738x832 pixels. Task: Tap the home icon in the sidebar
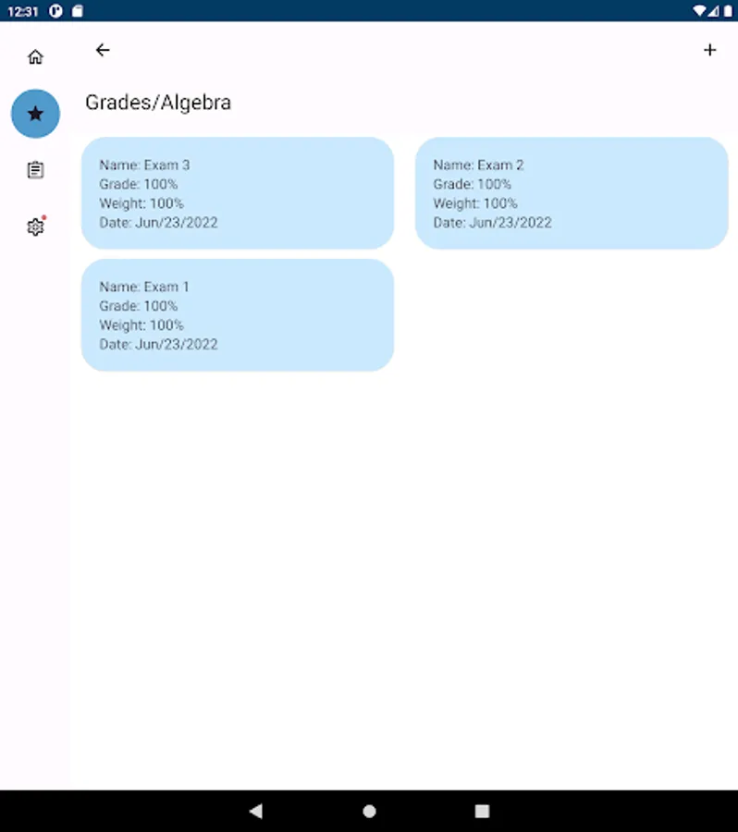coord(35,56)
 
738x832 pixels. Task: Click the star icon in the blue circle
coord(35,114)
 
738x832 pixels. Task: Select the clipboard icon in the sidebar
coord(35,170)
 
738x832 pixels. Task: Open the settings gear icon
coord(35,226)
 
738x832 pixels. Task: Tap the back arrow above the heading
coord(103,50)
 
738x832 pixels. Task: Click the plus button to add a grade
coord(710,50)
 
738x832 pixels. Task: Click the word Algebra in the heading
coord(195,103)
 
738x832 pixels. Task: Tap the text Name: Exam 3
coord(144,165)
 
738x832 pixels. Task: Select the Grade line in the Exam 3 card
coord(139,184)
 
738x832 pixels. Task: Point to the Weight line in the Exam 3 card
coord(141,203)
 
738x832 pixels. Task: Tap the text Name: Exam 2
coord(478,165)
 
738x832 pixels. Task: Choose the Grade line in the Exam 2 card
coord(473,184)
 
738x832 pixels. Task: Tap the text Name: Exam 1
coord(144,288)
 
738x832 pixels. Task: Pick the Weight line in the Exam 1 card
coord(141,325)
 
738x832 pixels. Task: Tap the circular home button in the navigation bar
coord(370,811)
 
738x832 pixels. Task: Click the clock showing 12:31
coord(23,11)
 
